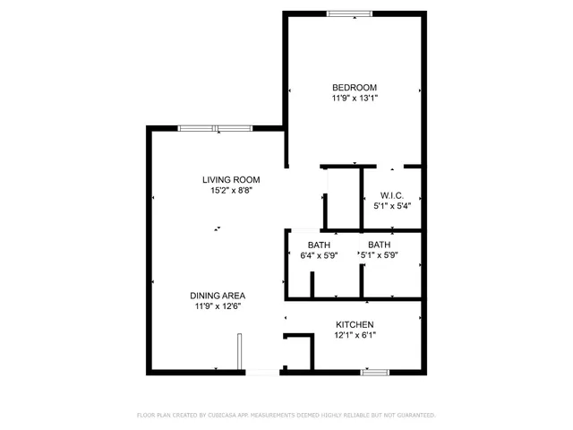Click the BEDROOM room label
tap(355, 87)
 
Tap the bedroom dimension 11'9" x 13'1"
tap(355, 99)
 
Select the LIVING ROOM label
tap(230, 179)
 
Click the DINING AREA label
tap(217, 295)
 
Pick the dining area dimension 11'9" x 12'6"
tap(217, 306)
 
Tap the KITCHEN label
tap(355, 324)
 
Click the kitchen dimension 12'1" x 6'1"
tap(355, 336)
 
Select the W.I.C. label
tap(392, 194)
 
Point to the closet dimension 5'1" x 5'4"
tap(392, 206)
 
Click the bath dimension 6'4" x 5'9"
tap(320, 256)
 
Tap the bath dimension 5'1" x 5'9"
tap(380, 256)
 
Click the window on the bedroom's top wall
tap(349, 13)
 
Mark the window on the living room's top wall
tap(215, 128)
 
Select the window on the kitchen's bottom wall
tap(373, 371)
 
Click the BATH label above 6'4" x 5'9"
tap(320, 245)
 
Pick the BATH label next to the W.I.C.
tap(380, 245)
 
